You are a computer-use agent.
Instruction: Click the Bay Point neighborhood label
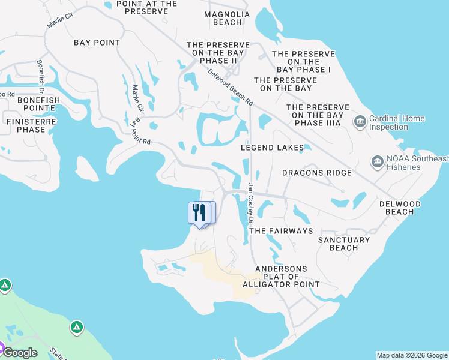[97, 43]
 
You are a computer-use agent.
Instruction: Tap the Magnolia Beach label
[223, 18]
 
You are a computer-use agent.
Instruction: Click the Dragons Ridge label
[317, 173]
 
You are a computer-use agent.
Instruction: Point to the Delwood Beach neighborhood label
[400, 208]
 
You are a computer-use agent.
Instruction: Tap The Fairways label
[281, 231]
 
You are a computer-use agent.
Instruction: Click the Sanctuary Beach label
[344, 244]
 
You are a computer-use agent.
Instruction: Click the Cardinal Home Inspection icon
[360, 122]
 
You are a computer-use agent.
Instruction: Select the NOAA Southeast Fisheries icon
[377, 162]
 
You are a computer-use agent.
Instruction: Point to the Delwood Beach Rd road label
[231, 88]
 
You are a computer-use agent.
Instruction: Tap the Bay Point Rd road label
[142, 132]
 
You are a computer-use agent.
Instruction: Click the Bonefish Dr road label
[41, 76]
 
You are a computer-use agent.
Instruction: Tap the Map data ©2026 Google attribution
[412, 355]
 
